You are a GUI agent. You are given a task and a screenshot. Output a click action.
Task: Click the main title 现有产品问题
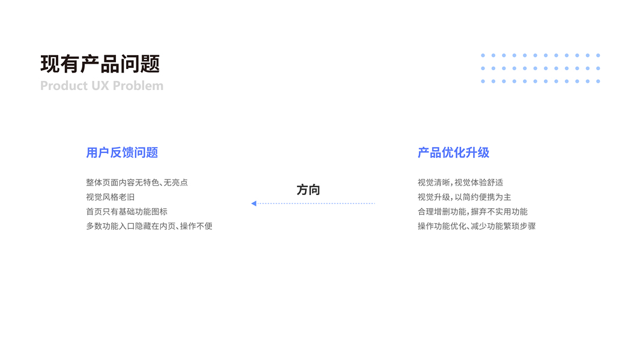click(100, 64)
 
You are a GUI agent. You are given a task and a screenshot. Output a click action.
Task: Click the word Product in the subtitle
click(64, 86)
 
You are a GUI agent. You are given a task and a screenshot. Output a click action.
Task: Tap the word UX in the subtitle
click(100, 86)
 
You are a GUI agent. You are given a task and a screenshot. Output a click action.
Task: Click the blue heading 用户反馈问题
click(122, 152)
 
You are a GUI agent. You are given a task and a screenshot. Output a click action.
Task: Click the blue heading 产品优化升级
click(453, 152)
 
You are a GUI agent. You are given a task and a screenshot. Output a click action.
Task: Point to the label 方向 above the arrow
click(308, 190)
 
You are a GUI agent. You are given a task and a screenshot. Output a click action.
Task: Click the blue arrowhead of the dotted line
click(254, 203)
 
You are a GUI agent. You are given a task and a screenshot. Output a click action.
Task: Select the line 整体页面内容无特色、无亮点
click(137, 182)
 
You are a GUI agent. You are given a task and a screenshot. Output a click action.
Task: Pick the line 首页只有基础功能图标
click(127, 211)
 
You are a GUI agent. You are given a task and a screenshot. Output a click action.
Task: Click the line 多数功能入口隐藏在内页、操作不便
click(149, 226)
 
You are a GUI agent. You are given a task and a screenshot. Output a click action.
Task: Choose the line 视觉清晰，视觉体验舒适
click(460, 182)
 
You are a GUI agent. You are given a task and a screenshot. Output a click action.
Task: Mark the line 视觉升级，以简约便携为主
click(464, 197)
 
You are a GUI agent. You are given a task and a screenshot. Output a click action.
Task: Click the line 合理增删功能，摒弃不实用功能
click(472, 211)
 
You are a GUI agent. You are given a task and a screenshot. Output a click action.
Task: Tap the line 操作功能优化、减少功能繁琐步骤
click(477, 226)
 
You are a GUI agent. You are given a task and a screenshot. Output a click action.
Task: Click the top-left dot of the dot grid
click(483, 55)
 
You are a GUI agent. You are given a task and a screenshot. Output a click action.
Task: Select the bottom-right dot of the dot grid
click(598, 81)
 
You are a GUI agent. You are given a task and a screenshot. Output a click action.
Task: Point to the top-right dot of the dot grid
click(598, 55)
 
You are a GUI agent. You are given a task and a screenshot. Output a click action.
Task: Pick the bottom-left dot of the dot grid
click(483, 81)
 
